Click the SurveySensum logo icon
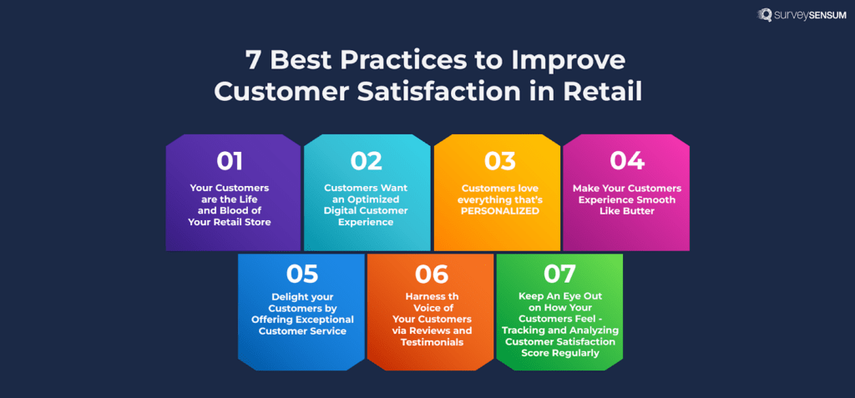tap(764, 15)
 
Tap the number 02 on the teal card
tap(367, 161)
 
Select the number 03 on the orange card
tap(499, 161)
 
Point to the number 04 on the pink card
tap(626, 161)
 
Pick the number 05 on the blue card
tap(302, 274)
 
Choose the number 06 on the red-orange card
tap(432, 274)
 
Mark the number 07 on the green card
tap(559, 274)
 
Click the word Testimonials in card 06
tap(432, 342)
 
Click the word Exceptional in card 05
tap(325, 320)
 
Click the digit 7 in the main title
tap(251, 60)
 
